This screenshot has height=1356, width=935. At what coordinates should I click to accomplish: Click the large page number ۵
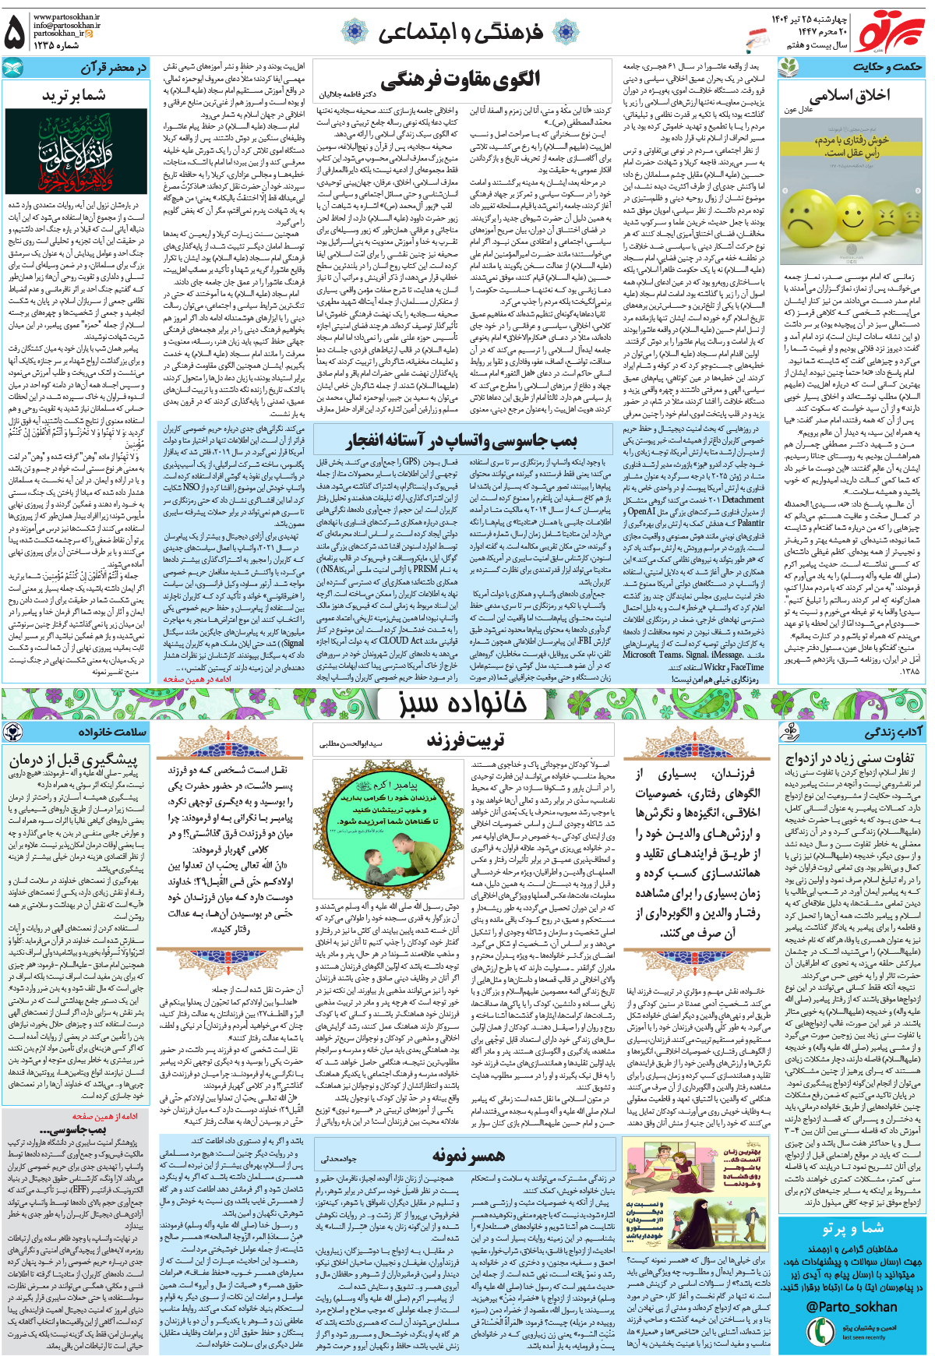coord(15,34)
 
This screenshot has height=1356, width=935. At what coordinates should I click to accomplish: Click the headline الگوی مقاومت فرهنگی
coord(460,80)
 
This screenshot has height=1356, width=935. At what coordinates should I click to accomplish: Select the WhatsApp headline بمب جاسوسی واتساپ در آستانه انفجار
coord(461,441)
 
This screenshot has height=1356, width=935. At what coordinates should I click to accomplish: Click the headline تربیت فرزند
coord(465,740)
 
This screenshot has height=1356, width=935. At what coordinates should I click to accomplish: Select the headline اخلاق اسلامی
coord(849,97)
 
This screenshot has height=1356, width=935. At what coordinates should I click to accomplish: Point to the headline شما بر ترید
coord(74,95)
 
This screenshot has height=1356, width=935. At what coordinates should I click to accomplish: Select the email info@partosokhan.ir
coord(67,25)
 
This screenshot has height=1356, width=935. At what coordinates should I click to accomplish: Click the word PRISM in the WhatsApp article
coord(425,568)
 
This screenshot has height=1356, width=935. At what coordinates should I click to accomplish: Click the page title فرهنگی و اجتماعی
coord(460,33)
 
